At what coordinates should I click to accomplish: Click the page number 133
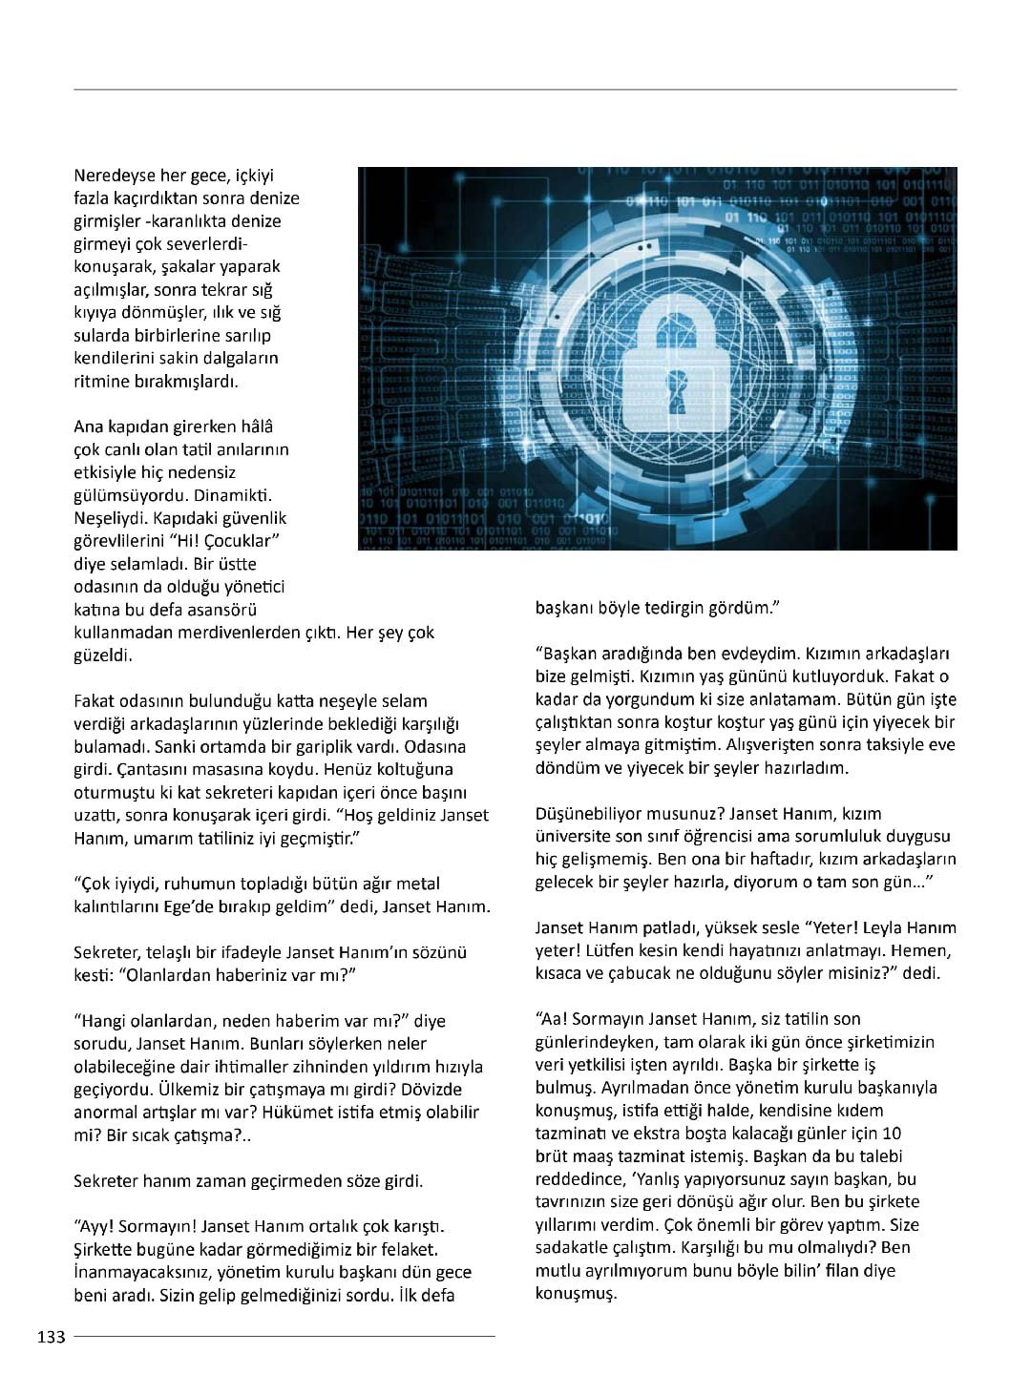(x=52, y=1337)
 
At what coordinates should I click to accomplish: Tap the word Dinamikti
(x=233, y=495)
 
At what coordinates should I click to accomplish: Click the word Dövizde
(x=429, y=1090)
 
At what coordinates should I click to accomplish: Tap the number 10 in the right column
(x=892, y=1134)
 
